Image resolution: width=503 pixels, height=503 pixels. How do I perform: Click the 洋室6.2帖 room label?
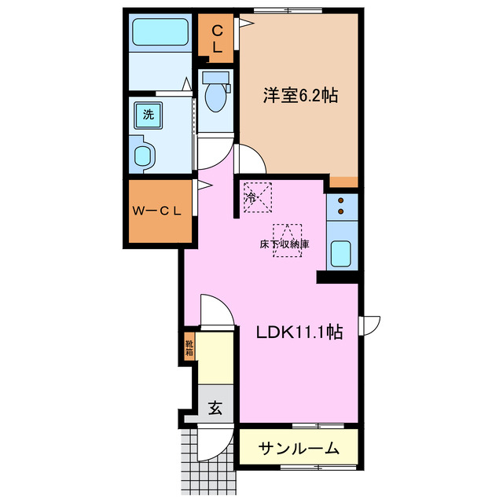point(299,97)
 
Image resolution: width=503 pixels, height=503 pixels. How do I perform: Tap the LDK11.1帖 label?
point(299,332)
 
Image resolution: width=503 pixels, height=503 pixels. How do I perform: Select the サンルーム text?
point(299,449)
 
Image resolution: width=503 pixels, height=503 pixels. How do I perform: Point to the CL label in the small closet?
point(217,39)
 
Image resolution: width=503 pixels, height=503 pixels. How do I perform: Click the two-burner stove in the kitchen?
point(342,206)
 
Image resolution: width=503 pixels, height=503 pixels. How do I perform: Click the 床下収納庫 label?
point(285,244)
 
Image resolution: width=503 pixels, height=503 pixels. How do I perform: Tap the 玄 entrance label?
point(215,408)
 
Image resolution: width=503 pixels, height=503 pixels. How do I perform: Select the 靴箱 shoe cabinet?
point(189,347)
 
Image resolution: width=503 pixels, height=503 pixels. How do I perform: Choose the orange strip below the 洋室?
point(343,182)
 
